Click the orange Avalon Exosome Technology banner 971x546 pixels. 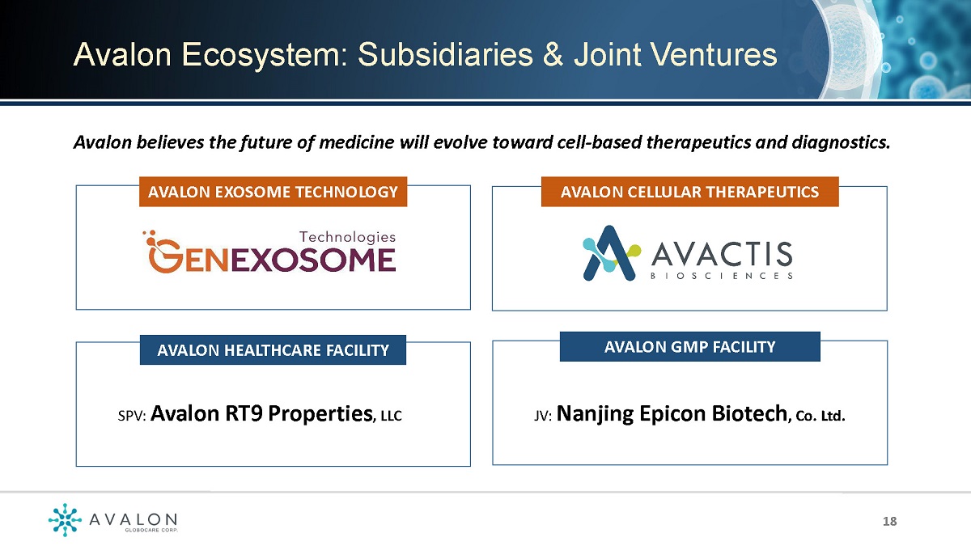coord(273,192)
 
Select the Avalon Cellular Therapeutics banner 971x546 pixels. coord(689,192)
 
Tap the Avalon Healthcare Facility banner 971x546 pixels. coord(273,349)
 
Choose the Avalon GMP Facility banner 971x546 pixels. coord(689,347)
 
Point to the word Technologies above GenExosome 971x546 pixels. coord(347,237)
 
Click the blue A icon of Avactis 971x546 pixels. coord(611,253)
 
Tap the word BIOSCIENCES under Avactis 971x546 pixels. coord(722,276)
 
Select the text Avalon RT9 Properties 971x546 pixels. coord(262,413)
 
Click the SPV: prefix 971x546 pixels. coord(132,416)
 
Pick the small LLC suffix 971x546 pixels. coord(392,416)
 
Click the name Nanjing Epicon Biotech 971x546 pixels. coord(672,413)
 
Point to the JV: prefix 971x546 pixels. coord(543,416)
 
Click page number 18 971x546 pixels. coord(890,521)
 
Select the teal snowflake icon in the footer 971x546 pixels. coord(65,519)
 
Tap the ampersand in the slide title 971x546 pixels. coord(553,55)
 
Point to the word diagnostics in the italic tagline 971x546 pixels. coord(841,142)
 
